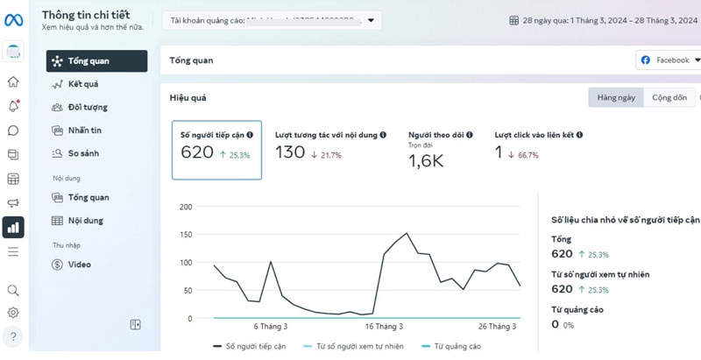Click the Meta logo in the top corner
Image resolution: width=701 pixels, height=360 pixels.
(x=13, y=19)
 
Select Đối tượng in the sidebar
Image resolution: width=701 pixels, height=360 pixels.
(x=87, y=107)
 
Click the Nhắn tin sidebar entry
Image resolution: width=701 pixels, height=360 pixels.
(x=84, y=131)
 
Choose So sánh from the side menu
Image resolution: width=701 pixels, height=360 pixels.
(x=83, y=153)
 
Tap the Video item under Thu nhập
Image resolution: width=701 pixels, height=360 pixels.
(x=79, y=264)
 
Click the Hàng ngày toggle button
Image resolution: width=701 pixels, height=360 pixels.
(x=616, y=97)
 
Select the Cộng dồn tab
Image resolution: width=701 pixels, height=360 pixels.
(x=669, y=97)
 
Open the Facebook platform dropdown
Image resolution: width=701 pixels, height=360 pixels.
(x=670, y=60)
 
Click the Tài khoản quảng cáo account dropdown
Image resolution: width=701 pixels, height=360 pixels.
(x=272, y=19)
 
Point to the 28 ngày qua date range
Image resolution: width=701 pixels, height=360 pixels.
(x=605, y=19)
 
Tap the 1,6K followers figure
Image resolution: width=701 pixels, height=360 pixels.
(x=426, y=160)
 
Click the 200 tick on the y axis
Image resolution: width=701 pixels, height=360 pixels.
(x=184, y=207)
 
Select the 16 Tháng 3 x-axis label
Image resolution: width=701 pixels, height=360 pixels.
(x=383, y=327)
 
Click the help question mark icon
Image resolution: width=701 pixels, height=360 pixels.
(x=13, y=336)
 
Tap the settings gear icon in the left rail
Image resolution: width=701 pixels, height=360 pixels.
(x=13, y=313)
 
